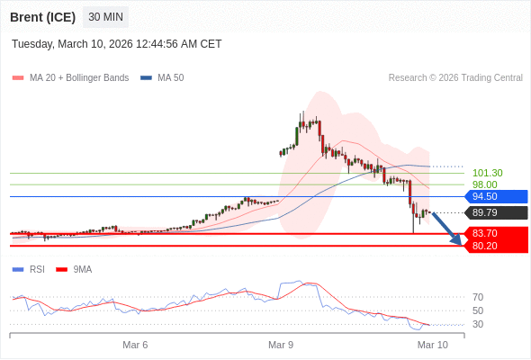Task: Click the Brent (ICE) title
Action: coord(41,17)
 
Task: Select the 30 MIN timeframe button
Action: coord(105,17)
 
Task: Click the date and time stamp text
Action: coord(116,44)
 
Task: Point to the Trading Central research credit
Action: coord(455,78)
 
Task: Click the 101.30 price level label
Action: coord(487,173)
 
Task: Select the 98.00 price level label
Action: coord(484,184)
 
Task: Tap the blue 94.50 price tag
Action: coord(496,196)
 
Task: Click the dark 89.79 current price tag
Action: coord(496,213)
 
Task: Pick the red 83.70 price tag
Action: coord(496,233)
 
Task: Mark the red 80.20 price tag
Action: coord(496,246)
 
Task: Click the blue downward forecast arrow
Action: coord(447,229)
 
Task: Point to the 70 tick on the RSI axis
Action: coord(478,297)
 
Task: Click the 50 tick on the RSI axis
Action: coord(478,310)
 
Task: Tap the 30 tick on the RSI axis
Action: coord(478,324)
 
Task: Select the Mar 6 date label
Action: coord(135,345)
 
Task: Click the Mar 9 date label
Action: coord(282,345)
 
